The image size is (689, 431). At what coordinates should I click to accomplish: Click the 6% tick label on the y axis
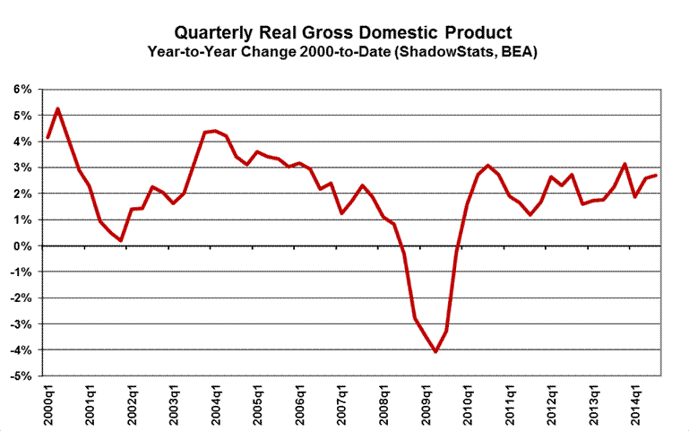[x=22, y=90]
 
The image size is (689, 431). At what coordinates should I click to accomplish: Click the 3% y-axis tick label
[x=22, y=168]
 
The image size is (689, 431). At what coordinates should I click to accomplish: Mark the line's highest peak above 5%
[x=58, y=109]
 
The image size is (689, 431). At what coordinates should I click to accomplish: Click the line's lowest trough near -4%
[x=435, y=351]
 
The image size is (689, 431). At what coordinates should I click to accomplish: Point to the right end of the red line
[x=658, y=176]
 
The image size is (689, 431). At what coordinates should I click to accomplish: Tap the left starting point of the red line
[x=47, y=138]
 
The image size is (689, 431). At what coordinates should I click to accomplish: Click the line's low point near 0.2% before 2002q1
[x=121, y=240]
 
